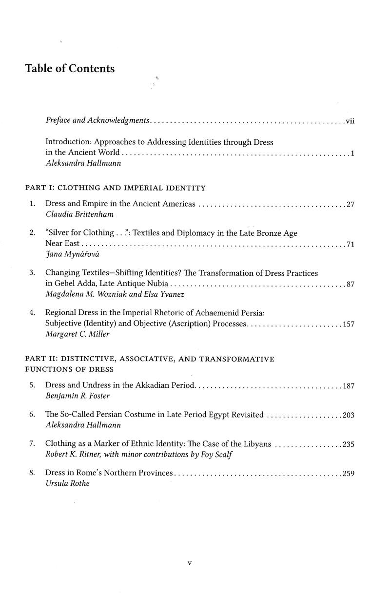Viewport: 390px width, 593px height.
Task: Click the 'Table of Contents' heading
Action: (70, 69)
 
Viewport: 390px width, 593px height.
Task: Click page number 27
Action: (350, 204)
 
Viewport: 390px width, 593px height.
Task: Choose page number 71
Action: (350, 245)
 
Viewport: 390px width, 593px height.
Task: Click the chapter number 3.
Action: (32, 273)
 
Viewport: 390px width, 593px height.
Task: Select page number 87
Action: (350, 285)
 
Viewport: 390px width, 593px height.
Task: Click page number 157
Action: (348, 325)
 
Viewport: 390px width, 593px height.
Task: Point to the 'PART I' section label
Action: (38, 188)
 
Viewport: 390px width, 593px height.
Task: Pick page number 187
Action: (348, 386)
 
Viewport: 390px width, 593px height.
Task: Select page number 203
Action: (348, 415)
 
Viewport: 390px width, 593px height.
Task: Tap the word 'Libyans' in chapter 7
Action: (258, 444)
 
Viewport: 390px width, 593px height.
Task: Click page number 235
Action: (348, 444)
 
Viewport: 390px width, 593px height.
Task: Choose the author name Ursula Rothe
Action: (67, 484)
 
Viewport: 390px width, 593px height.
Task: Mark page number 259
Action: (348, 473)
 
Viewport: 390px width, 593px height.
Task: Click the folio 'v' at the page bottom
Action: (190, 564)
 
